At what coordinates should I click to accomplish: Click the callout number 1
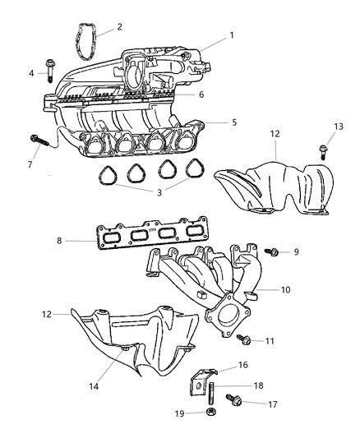click(231, 35)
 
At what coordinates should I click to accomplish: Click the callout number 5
click(234, 122)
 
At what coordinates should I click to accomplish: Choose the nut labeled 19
click(210, 412)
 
